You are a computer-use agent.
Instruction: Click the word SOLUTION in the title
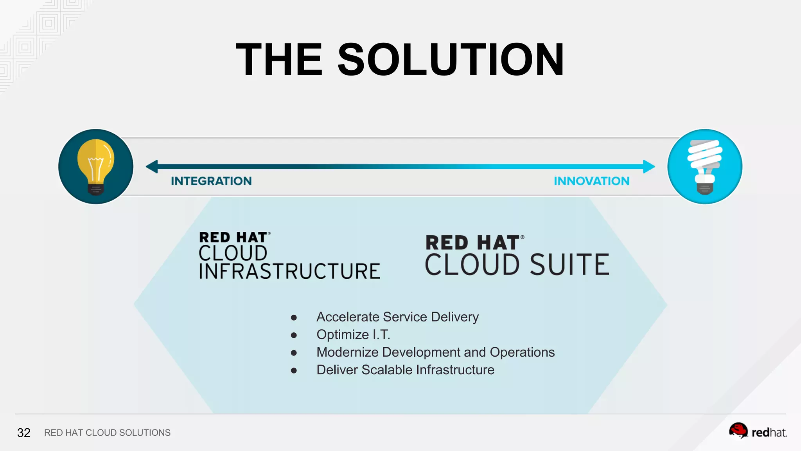[451, 60]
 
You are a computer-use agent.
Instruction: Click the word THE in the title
[279, 60]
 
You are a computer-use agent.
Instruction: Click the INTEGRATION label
[211, 181]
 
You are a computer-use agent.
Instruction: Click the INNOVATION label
[591, 181]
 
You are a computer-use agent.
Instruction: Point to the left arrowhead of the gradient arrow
[152, 166]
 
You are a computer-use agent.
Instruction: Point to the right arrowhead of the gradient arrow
[649, 166]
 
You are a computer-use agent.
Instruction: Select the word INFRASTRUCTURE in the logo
[289, 271]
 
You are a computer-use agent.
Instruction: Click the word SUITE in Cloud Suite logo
[569, 265]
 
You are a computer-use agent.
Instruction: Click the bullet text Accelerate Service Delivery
[397, 317]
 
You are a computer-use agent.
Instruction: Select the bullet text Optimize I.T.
[353, 334]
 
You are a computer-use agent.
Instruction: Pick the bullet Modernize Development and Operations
[435, 352]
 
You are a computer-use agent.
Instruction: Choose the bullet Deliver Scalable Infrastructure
[405, 370]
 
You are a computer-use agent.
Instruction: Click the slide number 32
[24, 433]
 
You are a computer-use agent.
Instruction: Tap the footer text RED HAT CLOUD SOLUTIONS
[107, 433]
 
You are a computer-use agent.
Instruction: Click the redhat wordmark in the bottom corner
[769, 433]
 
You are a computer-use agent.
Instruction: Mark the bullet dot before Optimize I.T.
[294, 335]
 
